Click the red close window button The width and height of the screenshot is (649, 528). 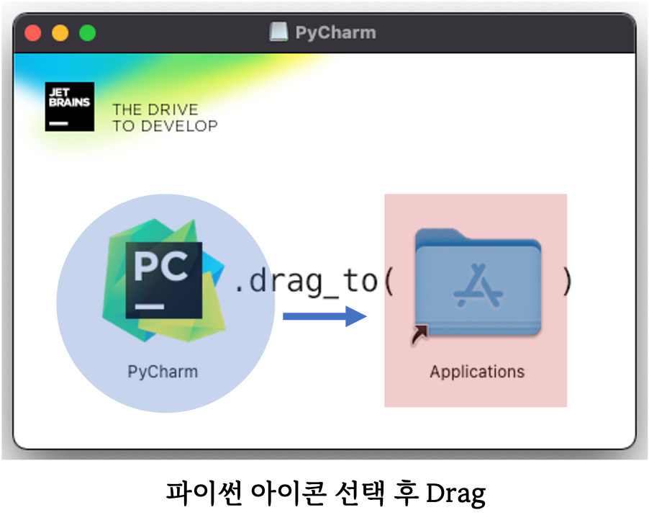click(x=33, y=33)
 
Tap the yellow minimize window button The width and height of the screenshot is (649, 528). click(x=60, y=33)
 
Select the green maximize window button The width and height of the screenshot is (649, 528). click(x=87, y=33)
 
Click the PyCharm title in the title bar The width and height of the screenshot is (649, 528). click(x=335, y=33)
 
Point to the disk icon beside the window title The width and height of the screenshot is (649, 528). click(x=278, y=32)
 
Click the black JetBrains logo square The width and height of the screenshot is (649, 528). click(x=69, y=107)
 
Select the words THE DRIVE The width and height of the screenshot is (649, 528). click(x=155, y=110)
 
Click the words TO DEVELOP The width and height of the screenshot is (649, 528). click(x=165, y=126)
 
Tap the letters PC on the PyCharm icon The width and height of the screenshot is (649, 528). click(x=161, y=269)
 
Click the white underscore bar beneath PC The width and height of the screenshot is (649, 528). click(x=150, y=307)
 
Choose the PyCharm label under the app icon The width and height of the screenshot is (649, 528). click(x=163, y=372)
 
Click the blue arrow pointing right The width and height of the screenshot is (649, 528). click(x=325, y=316)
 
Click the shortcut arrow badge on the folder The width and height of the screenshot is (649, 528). click(x=420, y=334)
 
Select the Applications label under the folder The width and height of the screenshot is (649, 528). click(x=477, y=372)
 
